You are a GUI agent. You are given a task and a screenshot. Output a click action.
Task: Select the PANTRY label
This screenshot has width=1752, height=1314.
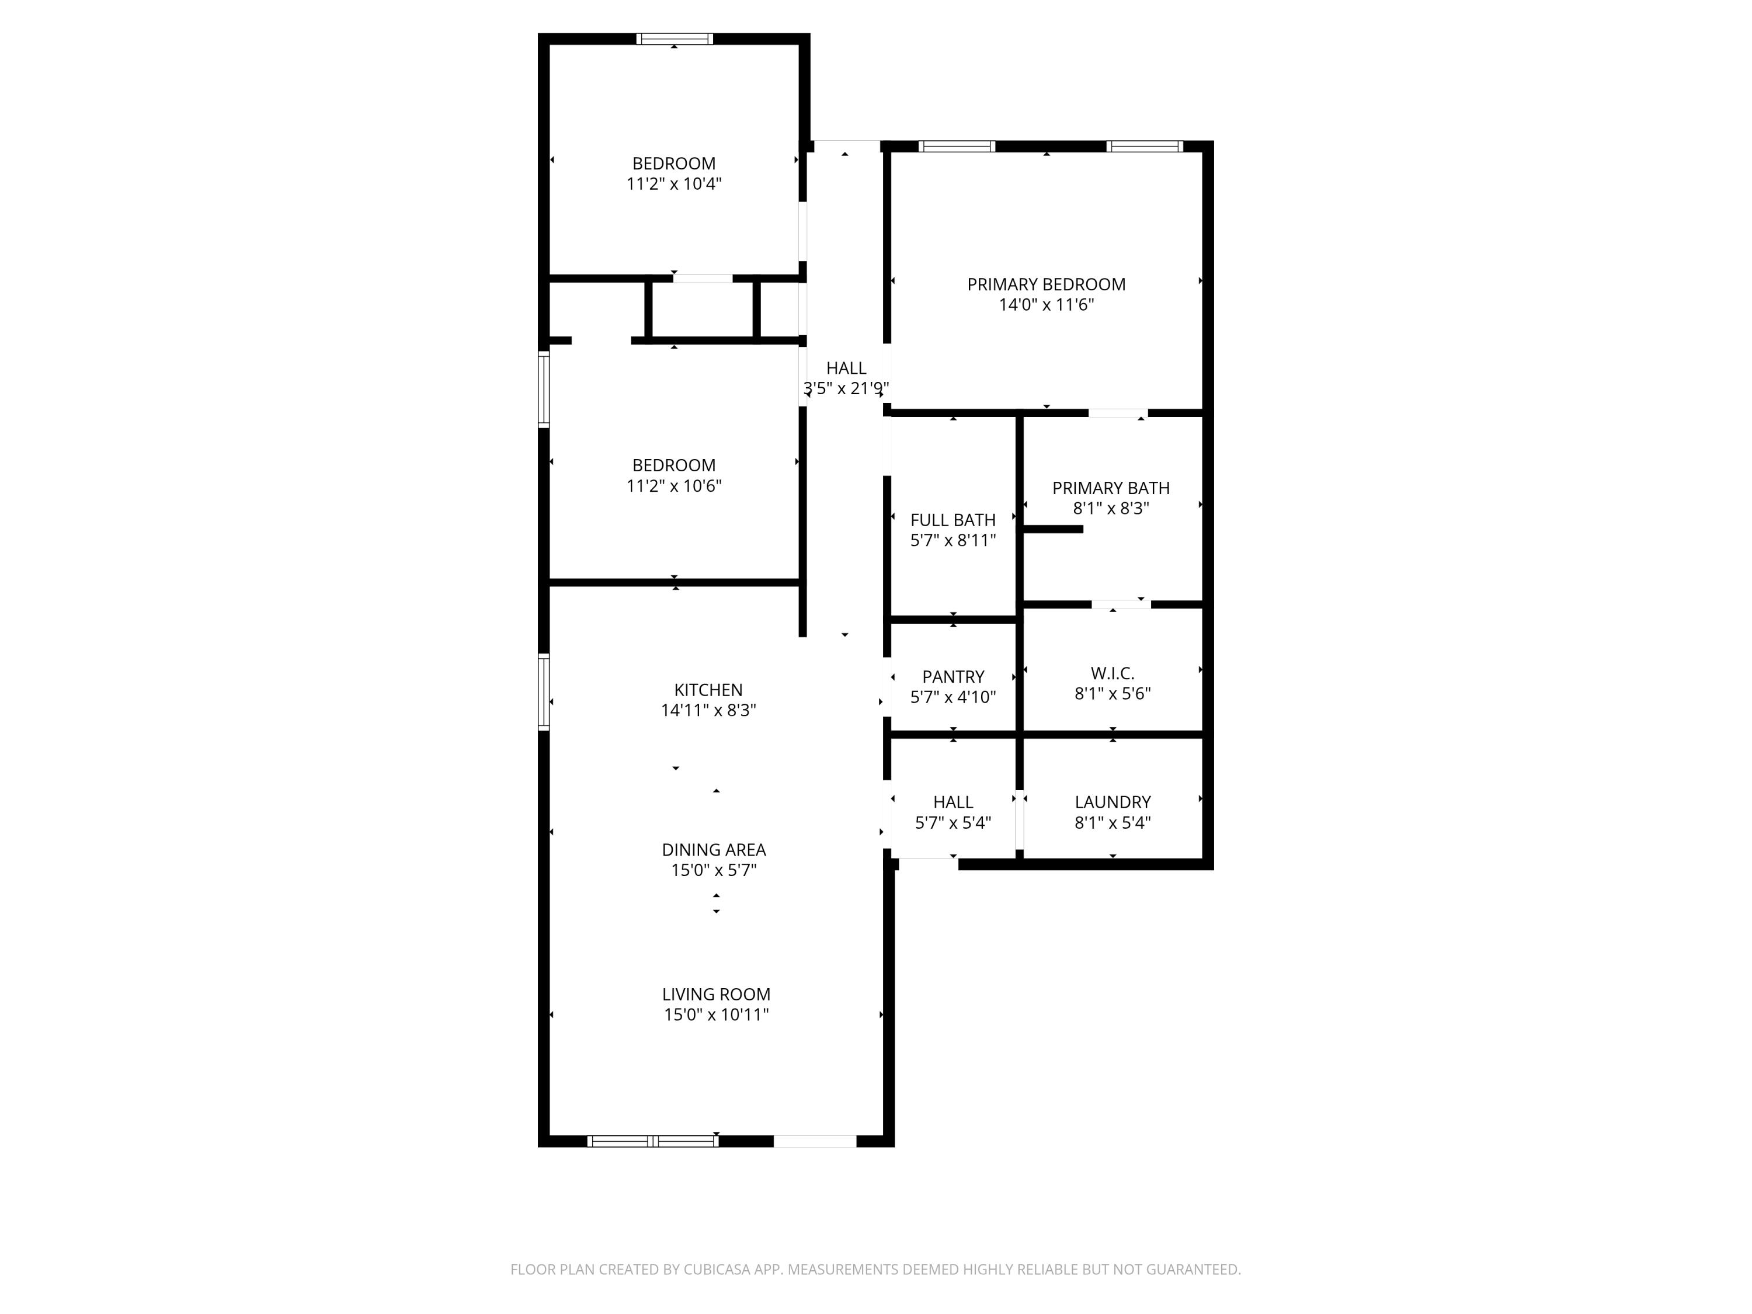coord(953,676)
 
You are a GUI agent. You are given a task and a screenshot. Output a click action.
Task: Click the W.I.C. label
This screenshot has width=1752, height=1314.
coord(1112,673)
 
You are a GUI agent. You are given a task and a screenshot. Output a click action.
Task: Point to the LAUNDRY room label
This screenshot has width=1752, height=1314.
coord(1112,802)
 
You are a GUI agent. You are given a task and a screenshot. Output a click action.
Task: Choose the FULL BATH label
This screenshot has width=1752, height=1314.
coord(953,520)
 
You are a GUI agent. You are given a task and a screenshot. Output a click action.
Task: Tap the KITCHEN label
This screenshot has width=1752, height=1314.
coord(708,690)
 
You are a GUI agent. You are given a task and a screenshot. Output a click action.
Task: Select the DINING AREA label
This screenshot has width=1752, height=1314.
coord(714,850)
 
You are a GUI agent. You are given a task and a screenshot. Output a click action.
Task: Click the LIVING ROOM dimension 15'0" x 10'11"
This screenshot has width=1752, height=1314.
coord(716,1014)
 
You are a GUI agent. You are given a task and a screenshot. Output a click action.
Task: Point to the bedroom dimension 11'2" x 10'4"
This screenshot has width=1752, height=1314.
coord(673,184)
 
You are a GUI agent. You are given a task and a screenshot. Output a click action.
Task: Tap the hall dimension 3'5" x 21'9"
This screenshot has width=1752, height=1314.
coord(846,389)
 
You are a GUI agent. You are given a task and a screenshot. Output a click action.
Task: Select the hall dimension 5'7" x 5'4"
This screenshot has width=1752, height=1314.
coord(953,823)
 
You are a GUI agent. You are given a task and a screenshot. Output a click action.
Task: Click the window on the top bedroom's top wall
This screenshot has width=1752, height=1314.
coord(674,39)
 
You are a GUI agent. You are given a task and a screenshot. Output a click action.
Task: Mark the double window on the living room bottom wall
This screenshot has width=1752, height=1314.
coord(653,1141)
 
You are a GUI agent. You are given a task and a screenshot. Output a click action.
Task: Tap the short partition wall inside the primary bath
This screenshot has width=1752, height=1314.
coord(1054,529)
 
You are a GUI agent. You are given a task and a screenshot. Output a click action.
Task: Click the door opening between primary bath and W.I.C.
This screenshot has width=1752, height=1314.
coord(1121,604)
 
